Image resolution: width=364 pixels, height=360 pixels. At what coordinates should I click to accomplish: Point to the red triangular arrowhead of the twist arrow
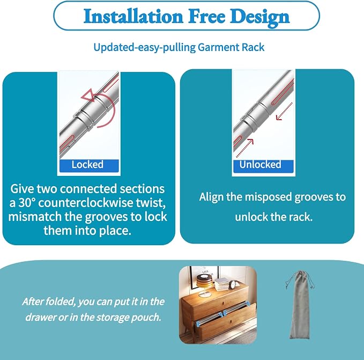(88, 95)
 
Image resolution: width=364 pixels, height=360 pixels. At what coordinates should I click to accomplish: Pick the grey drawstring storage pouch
(300, 305)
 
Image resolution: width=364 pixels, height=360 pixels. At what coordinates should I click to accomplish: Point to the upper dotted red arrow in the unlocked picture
(284, 111)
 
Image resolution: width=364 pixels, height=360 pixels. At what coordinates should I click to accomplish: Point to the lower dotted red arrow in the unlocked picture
(244, 148)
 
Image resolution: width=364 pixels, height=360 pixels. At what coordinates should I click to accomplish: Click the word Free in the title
(206, 16)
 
